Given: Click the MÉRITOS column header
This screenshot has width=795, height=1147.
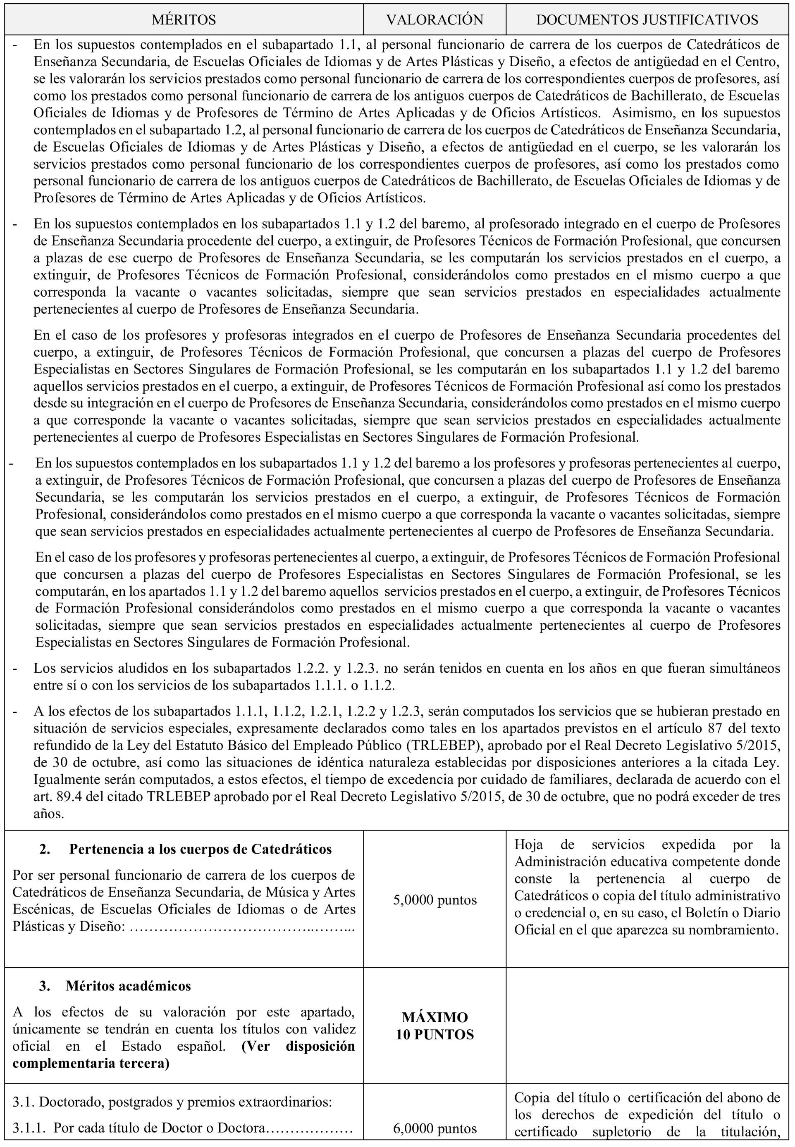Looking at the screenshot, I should (184, 20).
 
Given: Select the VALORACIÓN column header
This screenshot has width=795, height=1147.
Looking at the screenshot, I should (435, 20).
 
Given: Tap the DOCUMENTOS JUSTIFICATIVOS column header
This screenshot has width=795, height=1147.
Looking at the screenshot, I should (647, 20).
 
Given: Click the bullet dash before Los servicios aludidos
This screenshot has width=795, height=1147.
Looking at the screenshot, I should (15, 669).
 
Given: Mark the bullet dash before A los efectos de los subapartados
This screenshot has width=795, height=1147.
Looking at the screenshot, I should (15, 712).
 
